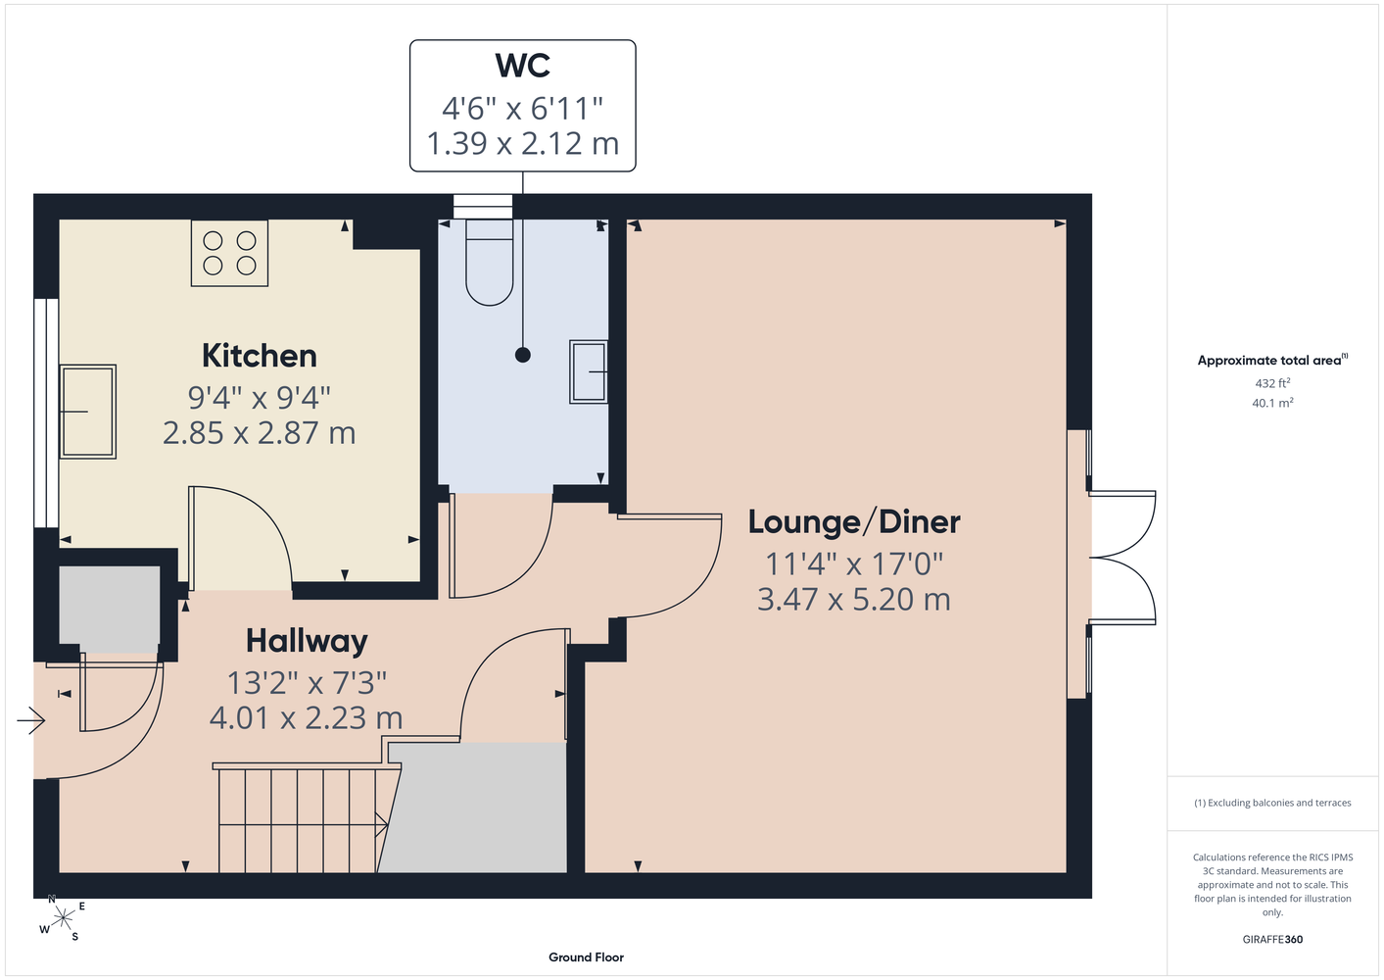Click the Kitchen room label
pos(260,356)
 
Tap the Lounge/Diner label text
pos(854,521)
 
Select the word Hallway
pos(307,642)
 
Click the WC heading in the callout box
pos(523,65)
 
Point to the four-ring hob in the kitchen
pos(229,253)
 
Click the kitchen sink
pos(88,412)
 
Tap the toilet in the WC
pos(490,263)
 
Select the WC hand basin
pos(589,371)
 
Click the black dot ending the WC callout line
pos(523,355)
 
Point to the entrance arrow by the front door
pos(31,721)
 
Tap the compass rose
pos(63,918)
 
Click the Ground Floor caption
pos(587,957)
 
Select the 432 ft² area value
pos(1272,383)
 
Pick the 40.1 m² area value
pos(1272,403)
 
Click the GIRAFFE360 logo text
pos(1272,939)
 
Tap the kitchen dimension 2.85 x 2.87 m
pos(260,433)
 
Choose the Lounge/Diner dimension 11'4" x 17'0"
pos(854,563)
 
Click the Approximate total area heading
pos(1272,360)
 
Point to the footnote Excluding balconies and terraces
pos(1272,804)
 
